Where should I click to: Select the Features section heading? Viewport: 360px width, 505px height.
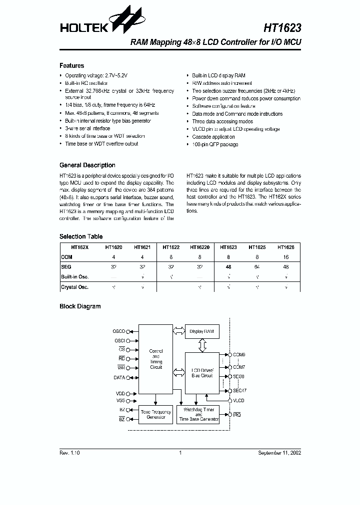pos(71,65)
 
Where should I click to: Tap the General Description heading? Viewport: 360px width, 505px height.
pos(87,165)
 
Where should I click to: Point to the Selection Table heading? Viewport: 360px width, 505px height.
pos(80,237)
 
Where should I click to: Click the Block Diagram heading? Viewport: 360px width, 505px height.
pos(80,306)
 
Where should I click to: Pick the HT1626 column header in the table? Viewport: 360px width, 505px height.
pos(285,247)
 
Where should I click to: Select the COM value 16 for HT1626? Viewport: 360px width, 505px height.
pos(285,257)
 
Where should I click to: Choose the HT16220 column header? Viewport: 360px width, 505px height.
pos(199,247)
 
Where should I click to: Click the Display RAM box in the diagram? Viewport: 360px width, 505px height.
pos(202,331)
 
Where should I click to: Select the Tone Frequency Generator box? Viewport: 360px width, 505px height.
pos(155,415)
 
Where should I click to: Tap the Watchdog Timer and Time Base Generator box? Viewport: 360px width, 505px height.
pos(198,415)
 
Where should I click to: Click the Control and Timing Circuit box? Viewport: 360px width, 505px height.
pos(156,359)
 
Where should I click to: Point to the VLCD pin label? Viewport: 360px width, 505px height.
pos(239,401)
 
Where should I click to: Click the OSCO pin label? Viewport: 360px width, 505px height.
pos(118,331)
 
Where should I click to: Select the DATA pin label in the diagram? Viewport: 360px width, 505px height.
pos(119,378)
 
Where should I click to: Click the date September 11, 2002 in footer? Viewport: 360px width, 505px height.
pos(279,453)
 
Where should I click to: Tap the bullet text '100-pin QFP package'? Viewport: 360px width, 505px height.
pos(215,144)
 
